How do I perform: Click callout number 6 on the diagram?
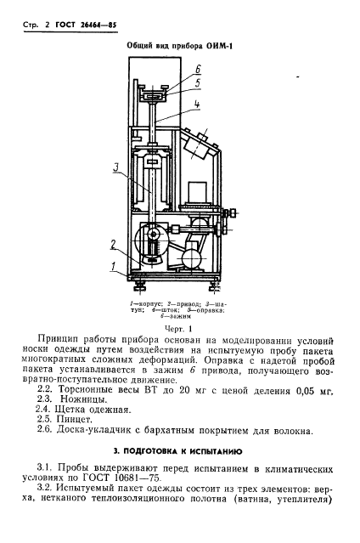tap(196, 69)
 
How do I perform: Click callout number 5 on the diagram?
tap(196, 83)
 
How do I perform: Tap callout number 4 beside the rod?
tap(196, 105)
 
